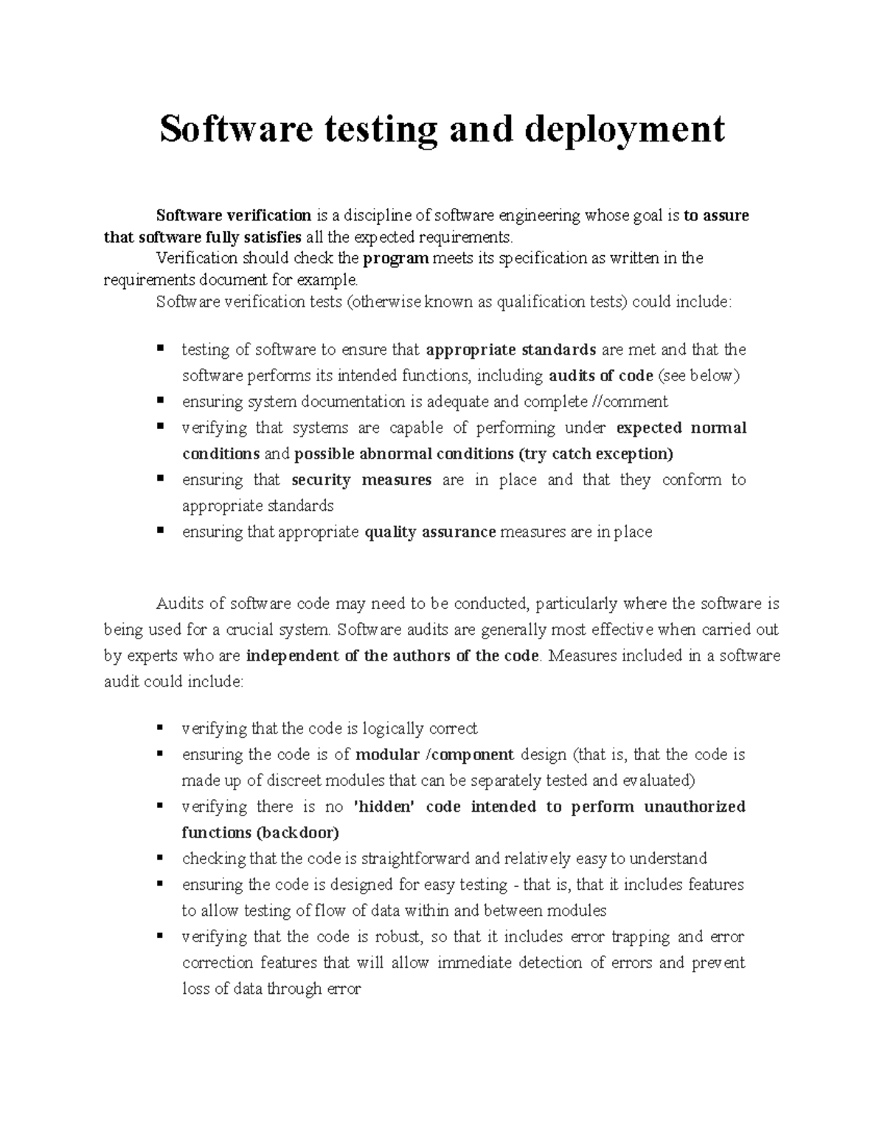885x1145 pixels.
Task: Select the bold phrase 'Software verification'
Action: (x=233, y=215)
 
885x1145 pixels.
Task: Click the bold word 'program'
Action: (x=396, y=258)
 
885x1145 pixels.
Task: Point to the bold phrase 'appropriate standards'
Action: (x=511, y=349)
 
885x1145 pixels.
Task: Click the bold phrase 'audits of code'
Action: (x=601, y=375)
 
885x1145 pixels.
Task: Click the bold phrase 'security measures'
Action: (x=361, y=480)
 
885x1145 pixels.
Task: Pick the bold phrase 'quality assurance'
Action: (x=430, y=532)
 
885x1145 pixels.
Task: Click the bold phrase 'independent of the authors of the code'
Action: (x=392, y=655)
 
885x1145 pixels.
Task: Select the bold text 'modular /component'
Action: (x=434, y=755)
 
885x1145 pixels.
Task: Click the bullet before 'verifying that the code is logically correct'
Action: (x=159, y=728)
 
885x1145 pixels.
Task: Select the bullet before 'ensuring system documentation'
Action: (x=159, y=401)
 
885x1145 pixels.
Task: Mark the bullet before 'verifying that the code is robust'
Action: (x=159, y=936)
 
